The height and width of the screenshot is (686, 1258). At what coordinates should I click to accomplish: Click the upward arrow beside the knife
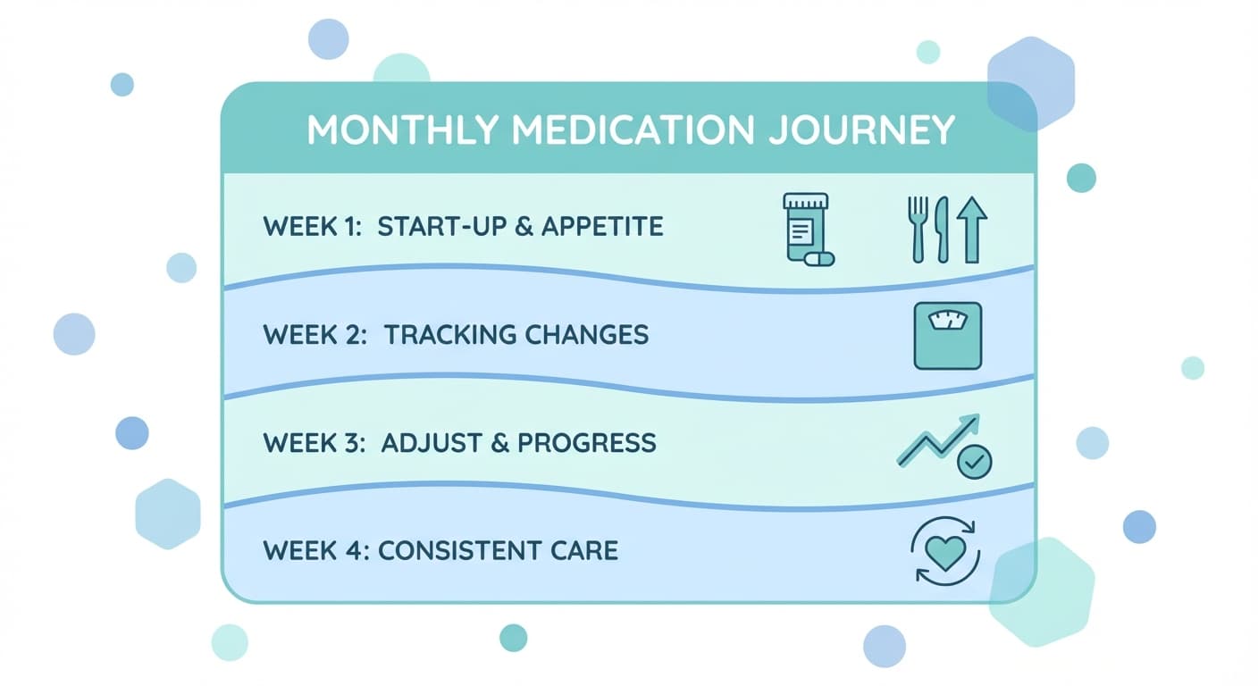971,230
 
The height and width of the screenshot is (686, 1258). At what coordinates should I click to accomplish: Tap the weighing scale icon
947,336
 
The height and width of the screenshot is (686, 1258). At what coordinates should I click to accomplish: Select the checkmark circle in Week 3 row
974,462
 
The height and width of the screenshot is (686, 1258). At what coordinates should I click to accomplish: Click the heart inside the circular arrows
945,552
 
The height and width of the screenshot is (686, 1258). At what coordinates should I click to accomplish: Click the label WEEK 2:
313,335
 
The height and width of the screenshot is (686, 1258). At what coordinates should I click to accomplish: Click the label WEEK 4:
314,549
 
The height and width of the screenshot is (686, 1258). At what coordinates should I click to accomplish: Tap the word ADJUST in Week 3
429,443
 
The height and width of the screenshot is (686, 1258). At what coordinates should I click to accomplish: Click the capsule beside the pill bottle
819,259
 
